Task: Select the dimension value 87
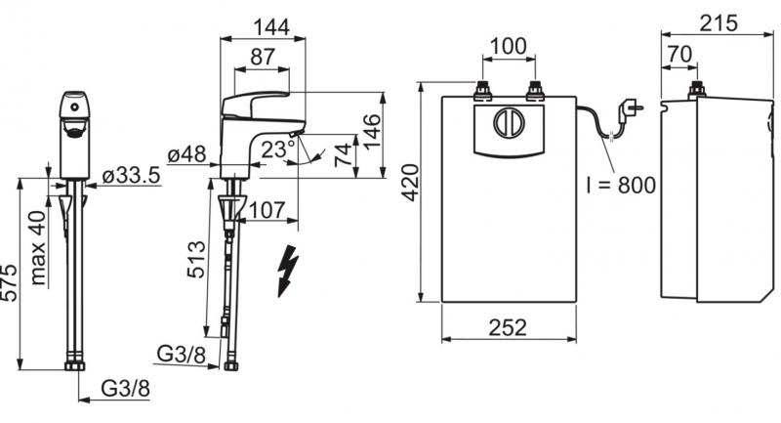tap(263, 57)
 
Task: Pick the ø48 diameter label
tap(185, 154)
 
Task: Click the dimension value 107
tap(267, 208)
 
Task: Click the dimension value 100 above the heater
tap(508, 45)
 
